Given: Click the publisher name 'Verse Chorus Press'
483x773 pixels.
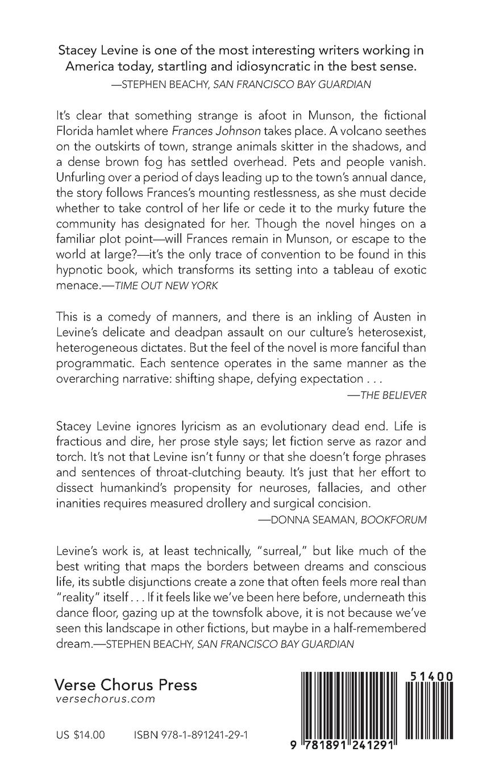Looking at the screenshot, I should [x=126, y=684].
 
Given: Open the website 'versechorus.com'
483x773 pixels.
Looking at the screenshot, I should [x=105, y=700].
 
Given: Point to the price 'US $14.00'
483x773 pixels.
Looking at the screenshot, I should [x=81, y=735].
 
